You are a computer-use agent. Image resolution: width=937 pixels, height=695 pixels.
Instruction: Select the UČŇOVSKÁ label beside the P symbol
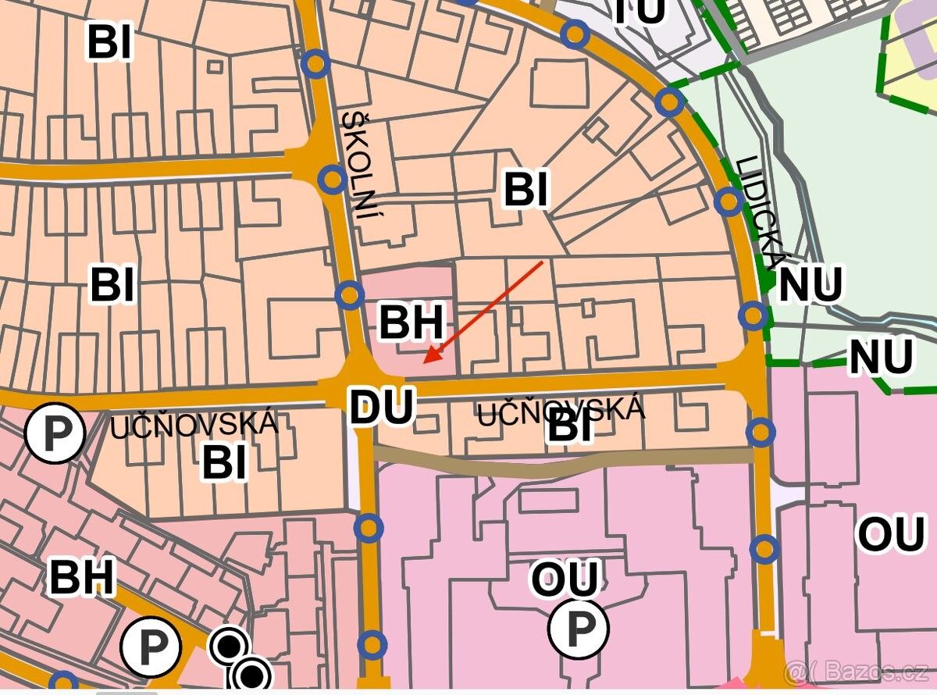tap(194, 425)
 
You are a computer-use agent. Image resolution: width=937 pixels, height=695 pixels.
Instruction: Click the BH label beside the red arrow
tap(411, 322)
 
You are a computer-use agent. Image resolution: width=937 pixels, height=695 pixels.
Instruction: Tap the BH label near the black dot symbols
tap(82, 577)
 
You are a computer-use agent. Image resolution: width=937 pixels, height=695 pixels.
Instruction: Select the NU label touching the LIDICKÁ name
tap(810, 284)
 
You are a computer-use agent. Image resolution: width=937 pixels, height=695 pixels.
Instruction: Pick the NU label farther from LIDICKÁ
tap(881, 357)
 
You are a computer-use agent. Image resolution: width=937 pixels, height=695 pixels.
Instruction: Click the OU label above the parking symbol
tap(565, 579)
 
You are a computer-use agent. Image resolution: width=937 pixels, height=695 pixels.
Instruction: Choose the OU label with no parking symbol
tap(891, 535)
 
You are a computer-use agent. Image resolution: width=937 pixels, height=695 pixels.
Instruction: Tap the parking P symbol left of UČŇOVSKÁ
tap(55, 432)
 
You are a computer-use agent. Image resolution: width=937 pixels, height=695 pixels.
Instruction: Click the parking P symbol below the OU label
tap(579, 627)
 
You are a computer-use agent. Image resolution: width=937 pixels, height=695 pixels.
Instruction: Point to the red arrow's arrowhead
tap(426, 360)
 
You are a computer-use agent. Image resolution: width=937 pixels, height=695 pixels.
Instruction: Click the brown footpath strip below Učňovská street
tap(562, 462)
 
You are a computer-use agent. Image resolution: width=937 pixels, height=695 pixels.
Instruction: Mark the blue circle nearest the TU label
tap(575, 34)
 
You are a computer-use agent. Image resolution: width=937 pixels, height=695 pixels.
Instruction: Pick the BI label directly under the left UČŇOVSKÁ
tap(224, 462)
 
